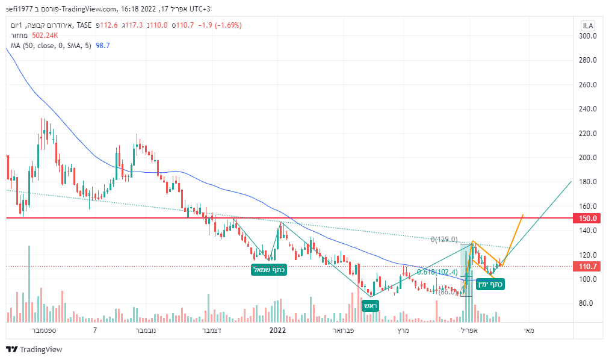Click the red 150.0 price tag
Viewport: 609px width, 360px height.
(x=587, y=218)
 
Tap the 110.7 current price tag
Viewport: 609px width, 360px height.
(x=587, y=266)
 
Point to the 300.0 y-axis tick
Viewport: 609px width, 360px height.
(x=587, y=36)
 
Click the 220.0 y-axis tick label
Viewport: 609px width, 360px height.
(x=587, y=133)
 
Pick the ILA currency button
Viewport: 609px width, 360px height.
(x=587, y=25)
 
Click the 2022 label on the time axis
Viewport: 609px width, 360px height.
(x=277, y=331)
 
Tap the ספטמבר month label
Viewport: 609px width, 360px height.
(x=42, y=331)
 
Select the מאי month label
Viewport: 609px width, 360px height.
(x=529, y=331)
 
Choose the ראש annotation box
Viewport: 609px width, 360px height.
(x=370, y=305)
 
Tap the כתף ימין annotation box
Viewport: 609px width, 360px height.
(x=490, y=284)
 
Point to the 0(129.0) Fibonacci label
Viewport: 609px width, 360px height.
(x=444, y=240)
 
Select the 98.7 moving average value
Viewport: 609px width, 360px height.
(x=102, y=46)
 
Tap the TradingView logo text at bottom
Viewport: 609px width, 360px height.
(x=40, y=350)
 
